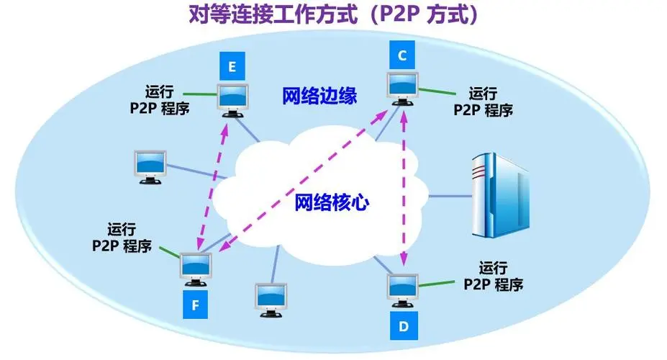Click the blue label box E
[232, 68]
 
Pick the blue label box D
[404, 327]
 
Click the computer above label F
[196, 271]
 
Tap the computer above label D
[403, 292]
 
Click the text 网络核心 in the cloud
[332, 202]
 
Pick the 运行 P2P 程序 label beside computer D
[494, 276]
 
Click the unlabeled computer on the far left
[150, 167]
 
